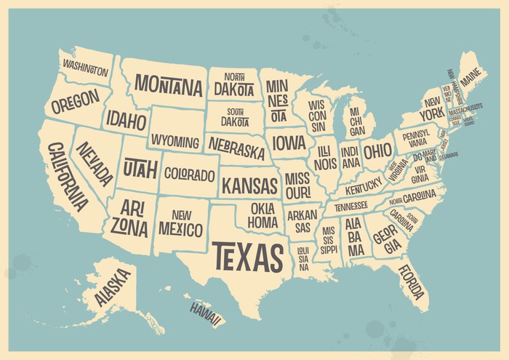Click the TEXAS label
click(x=247, y=256)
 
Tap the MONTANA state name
click(x=168, y=87)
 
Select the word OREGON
click(x=75, y=103)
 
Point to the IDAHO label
click(x=126, y=119)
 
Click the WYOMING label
click(x=175, y=140)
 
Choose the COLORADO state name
click(x=189, y=175)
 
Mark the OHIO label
click(x=377, y=151)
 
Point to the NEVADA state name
click(x=97, y=164)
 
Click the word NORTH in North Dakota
click(x=233, y=77)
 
